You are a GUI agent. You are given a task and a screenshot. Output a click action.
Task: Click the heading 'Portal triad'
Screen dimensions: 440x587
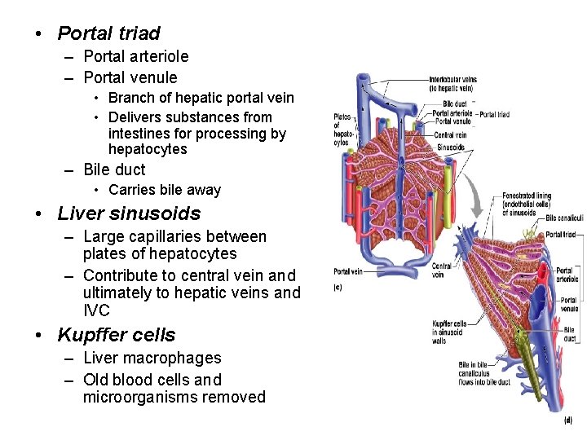pyautogui.click(x=108, y=33)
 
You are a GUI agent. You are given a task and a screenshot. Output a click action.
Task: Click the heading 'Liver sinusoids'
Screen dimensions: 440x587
pyautogui.click(x=128, y=213)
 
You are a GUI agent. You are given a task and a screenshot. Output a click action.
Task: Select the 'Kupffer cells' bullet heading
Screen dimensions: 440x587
pyautogui.click(x=116, y=335)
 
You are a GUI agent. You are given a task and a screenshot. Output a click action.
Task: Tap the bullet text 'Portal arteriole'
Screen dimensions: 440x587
pyautogui.click(x=135, y=56)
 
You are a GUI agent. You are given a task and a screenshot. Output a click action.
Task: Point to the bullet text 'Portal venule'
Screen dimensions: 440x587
pyautogui.click(x=130, y=77)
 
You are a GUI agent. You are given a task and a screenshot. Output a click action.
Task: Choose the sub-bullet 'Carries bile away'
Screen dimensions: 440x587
pyautogui.click(x=164, y=190)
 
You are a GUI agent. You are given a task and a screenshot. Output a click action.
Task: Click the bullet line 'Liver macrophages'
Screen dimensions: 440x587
pyautogui.click(x=152, y=358)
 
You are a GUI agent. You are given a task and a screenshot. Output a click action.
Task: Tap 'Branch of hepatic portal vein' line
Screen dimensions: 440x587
pyautogui.click(x=201, y=98)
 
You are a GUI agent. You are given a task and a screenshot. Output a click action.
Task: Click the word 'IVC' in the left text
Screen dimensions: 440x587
pyautogui.click(x=96, y=310)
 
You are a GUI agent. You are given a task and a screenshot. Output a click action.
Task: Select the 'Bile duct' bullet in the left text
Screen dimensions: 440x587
pyautogui.click(x=114, y=169)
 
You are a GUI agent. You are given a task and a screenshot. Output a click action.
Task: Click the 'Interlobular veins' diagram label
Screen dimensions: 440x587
pyautogui.click(x=452, y=83)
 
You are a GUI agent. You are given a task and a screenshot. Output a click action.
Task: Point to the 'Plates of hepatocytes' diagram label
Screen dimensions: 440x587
pyautogui.click(x=342, y=130)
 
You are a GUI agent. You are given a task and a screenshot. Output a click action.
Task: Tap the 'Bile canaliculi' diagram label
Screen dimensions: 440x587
pyautogui.click(x=564, y=218)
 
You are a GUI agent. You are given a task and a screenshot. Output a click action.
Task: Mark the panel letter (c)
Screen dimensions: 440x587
pyautogui.click(x=338, y=288)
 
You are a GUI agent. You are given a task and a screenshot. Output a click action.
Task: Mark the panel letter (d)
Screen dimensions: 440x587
pyautogui.click(x=567, y=420)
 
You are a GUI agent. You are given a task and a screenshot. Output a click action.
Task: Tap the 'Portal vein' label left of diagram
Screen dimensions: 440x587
pyautogui.click(x=347, y=271)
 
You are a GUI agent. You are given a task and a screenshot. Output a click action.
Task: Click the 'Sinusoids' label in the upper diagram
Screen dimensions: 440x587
pyautogui.click(x=450, y=147)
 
